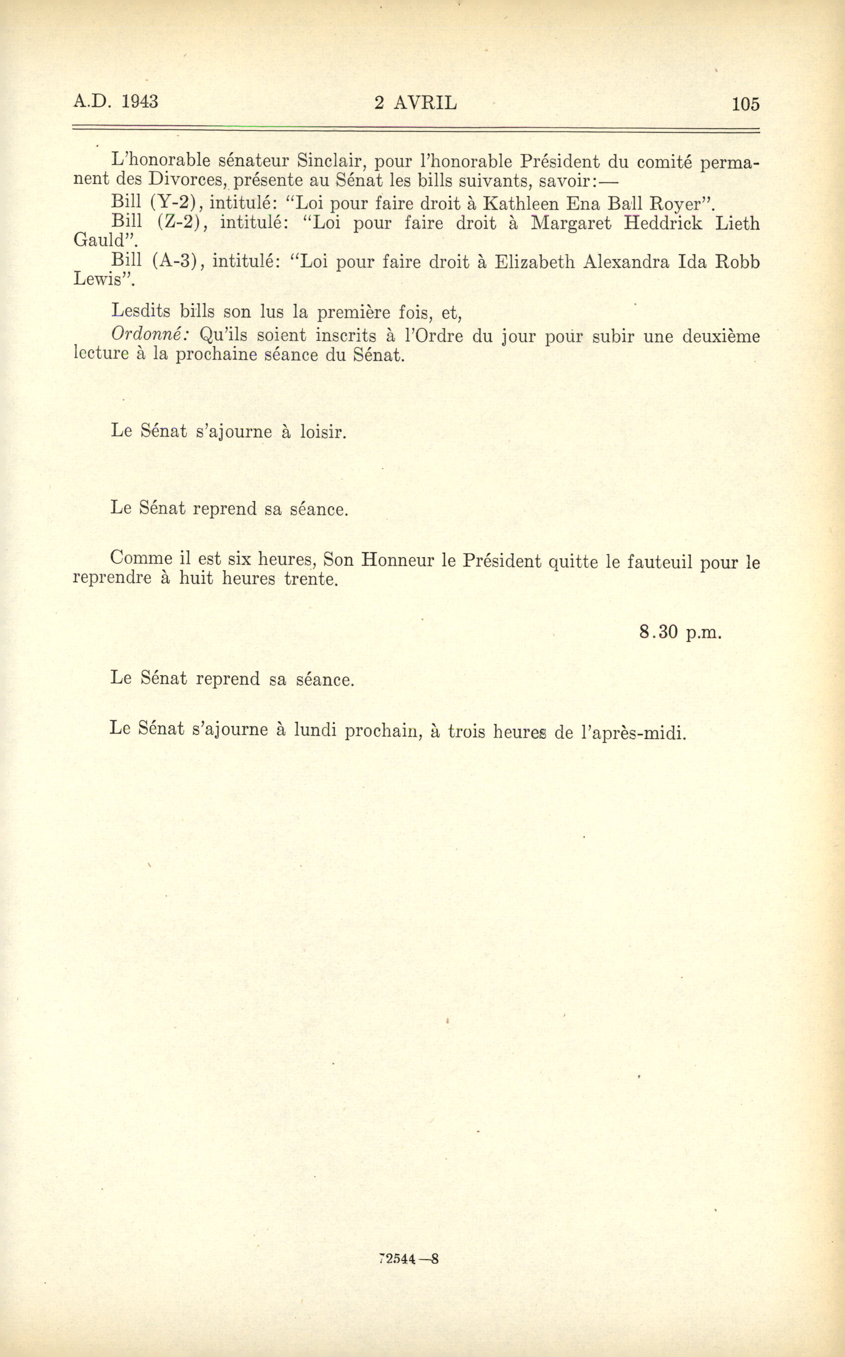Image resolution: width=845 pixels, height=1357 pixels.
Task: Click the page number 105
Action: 746,104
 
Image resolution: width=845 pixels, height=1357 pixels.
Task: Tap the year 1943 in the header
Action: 140,101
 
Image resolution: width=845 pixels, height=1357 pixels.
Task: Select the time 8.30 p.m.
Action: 680,632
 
